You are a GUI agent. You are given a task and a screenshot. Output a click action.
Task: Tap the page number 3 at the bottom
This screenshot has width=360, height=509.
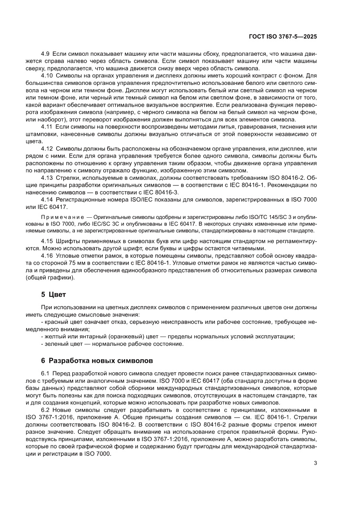coord(315,463)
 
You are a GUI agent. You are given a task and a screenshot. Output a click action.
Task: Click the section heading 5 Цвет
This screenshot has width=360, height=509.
coord(53,294)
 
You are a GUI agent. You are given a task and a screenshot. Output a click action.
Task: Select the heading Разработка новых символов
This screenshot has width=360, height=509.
coord(101,361)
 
